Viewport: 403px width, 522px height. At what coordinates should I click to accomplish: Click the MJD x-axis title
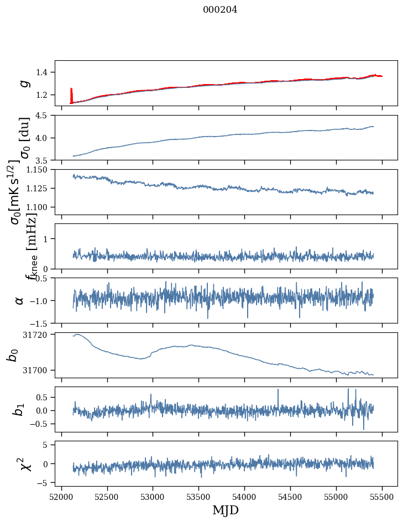pyautogui.click(x=226, y=510)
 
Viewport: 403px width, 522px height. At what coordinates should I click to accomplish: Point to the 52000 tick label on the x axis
pyautogui.click(x=61, y=496)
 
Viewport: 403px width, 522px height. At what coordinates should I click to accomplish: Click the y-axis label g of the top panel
pyautogui.click(x=24, y=83)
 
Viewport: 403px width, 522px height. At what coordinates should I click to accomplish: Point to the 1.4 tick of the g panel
pyautogui.click(x=45, y=72)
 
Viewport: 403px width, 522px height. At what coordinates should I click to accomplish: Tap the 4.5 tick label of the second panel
pyautogui.click(x=45, y=116)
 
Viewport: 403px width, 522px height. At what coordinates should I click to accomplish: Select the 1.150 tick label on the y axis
pyautogui.click(x=40, y=170)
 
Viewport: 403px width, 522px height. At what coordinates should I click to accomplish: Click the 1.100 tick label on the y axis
pyautogui.click(x=40, y=207)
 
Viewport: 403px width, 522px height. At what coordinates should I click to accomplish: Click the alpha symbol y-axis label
pyautogui.click(x=20, y=300)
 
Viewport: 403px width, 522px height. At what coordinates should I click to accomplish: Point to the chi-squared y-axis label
pyautogui.click(x=24, y=463)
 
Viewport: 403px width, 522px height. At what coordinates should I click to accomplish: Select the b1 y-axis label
pyautogui.click(x=19, y=409)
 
